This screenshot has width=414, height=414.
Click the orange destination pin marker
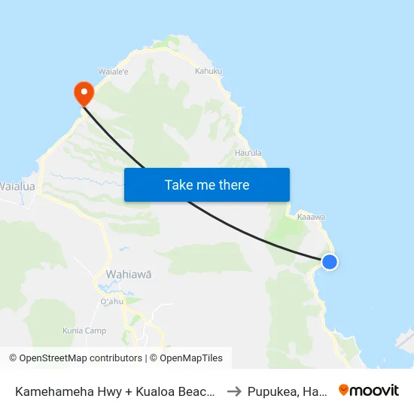click(82, 93)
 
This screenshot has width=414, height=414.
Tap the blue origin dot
click(330, 262)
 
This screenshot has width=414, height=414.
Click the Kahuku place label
click(209, 72)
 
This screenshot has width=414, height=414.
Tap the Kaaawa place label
click(311, 217)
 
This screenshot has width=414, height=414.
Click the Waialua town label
click(16, 185)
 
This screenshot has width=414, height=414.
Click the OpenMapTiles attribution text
click(190, 358)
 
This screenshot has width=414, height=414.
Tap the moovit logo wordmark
click(375, 390)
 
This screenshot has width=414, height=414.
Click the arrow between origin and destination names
click(233, 391)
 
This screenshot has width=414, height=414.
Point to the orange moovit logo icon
click(344, 390)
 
